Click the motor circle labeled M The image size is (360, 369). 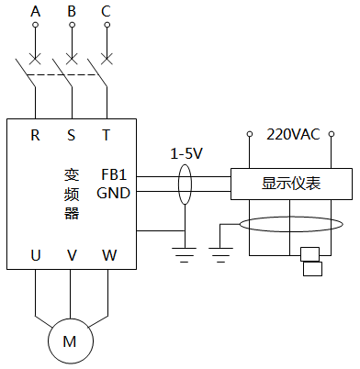(x=70, y=341)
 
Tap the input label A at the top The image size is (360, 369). (x=36, y=11)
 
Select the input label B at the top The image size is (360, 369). (x=71, y=11)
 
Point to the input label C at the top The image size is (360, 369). (x=106, y=11)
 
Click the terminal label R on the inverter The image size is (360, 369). (x=36, y=135)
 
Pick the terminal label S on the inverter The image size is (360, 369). (x=71, y=135)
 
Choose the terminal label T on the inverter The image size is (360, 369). (x=106, y=135)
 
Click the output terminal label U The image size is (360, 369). (x=36, y=255)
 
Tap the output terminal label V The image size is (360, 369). (x=71, y=255)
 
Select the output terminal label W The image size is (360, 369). (x=107, y=255)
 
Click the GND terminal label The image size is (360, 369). (x=113, y=193)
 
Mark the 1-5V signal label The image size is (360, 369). (x=187, y=153)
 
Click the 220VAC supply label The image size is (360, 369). (x=293, y=134)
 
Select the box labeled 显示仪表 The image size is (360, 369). (x=291, y=184)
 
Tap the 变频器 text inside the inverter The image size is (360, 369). (x=72, y=193)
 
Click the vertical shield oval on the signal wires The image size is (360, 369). (x=186, y=184)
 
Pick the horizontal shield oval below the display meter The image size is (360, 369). (x=289, y=225)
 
